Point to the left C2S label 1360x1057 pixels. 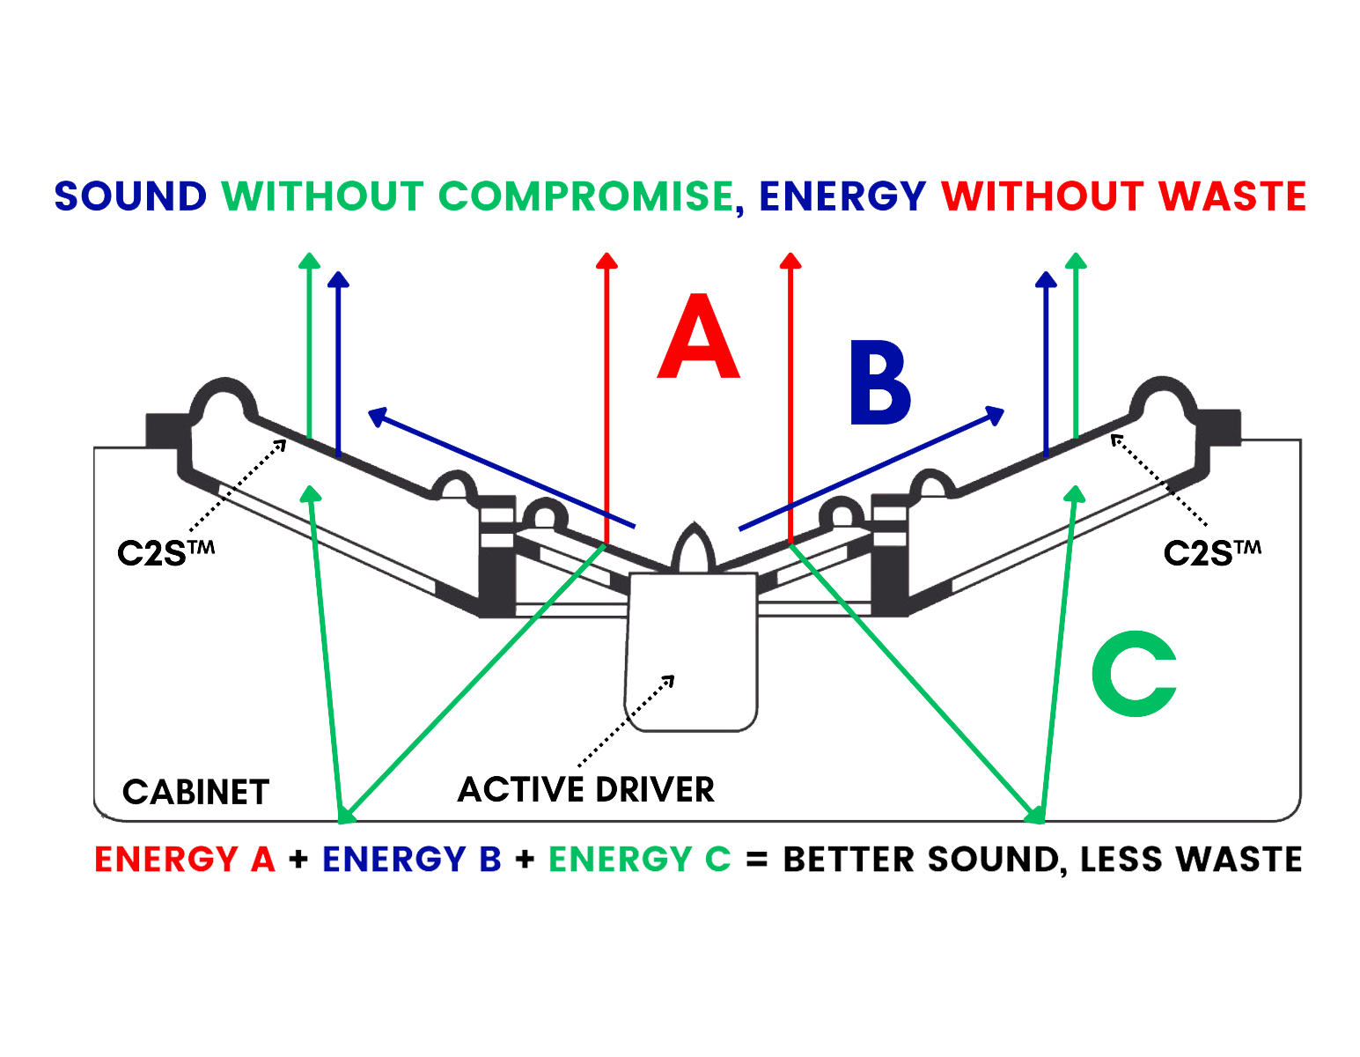tap(165, 553)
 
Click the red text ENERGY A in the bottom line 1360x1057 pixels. tap(185, 860)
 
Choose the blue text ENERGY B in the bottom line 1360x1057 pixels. tap(412, 860)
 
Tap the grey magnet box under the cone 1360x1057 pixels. tap(692, 647)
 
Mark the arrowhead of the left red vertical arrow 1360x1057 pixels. tap(606, 261)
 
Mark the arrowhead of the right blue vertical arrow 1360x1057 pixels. tap(1046, 280)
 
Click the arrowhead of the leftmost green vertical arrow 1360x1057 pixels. tap(307, 261)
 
